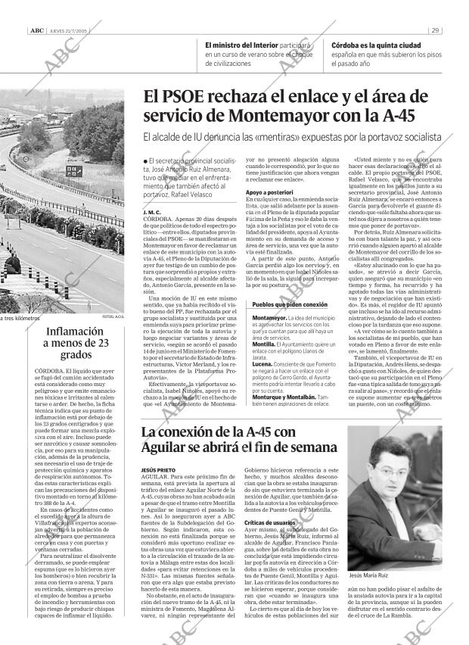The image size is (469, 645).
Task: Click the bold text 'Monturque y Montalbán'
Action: [x=283, y=397]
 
